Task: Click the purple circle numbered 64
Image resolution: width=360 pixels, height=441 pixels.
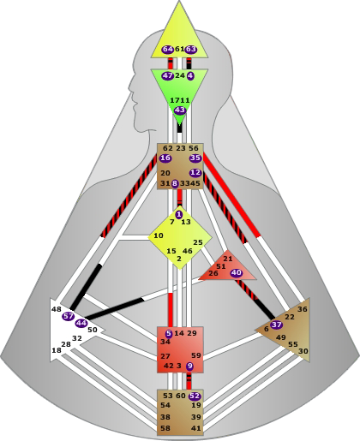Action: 168,50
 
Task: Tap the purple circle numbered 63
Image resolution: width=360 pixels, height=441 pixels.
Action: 191,50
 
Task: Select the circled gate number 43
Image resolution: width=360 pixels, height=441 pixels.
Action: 180,110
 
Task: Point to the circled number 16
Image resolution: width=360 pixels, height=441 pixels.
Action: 165,158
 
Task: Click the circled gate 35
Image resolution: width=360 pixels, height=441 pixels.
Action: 195,158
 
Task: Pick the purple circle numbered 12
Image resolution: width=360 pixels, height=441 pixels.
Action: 195,173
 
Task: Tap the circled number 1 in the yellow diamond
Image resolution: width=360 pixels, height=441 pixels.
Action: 179,215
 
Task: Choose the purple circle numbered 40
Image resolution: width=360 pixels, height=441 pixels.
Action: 237,273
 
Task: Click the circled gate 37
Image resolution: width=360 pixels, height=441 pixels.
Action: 276,325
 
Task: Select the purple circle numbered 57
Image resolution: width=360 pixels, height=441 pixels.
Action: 69,316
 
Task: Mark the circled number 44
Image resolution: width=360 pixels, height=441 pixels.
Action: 81,324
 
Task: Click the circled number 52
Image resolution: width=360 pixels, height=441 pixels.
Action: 195,396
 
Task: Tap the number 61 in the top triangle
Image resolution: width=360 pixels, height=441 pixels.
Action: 179,49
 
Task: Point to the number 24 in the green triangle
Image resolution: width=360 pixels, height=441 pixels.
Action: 180,75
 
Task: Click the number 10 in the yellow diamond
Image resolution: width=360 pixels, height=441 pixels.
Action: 159,235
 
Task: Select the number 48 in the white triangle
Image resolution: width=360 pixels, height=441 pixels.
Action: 57,309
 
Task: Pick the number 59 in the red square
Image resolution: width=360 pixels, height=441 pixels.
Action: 196,355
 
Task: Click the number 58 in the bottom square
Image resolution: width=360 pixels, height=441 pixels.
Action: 165,428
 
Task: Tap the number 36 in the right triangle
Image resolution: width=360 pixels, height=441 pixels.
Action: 303,309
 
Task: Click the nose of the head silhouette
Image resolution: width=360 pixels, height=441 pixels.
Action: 129,86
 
